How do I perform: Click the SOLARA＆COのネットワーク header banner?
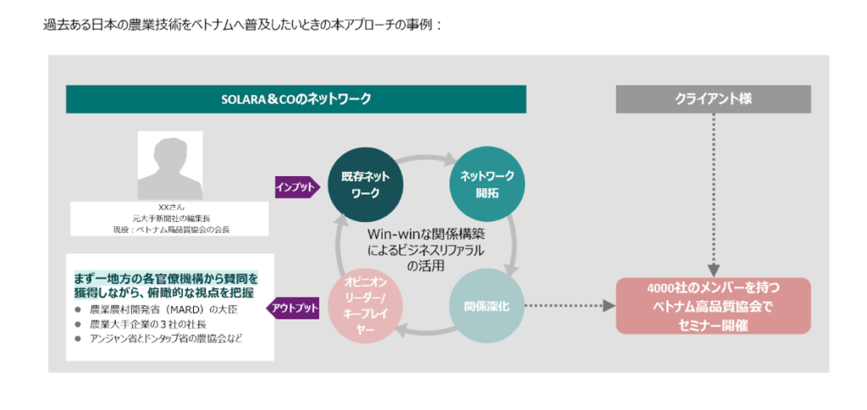tap(295, 99)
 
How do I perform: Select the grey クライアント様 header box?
tap(713, 99)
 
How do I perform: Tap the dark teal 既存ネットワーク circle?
tap(365, 183)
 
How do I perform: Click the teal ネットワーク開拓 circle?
tap(481, 183)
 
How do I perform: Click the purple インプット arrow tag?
tap(296, 186)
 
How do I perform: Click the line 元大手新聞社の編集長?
tap(170, 218)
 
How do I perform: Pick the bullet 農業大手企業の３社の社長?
tap(147, 324)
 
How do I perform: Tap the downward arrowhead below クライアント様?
tap(713, 268)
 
